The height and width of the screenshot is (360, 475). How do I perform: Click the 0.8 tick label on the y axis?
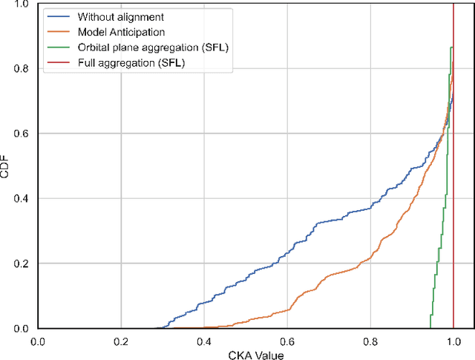23,68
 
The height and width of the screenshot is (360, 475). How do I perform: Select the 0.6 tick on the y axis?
23,134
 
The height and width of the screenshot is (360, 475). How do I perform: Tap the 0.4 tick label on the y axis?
23,198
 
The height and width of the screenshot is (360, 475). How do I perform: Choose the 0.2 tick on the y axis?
23,264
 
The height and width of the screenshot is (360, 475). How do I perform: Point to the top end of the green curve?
452,48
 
